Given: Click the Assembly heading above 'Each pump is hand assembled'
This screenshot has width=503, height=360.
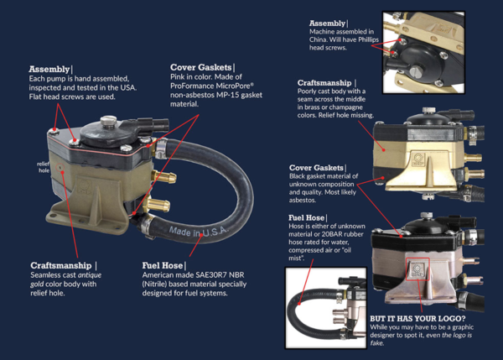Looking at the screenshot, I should (50, 69).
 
